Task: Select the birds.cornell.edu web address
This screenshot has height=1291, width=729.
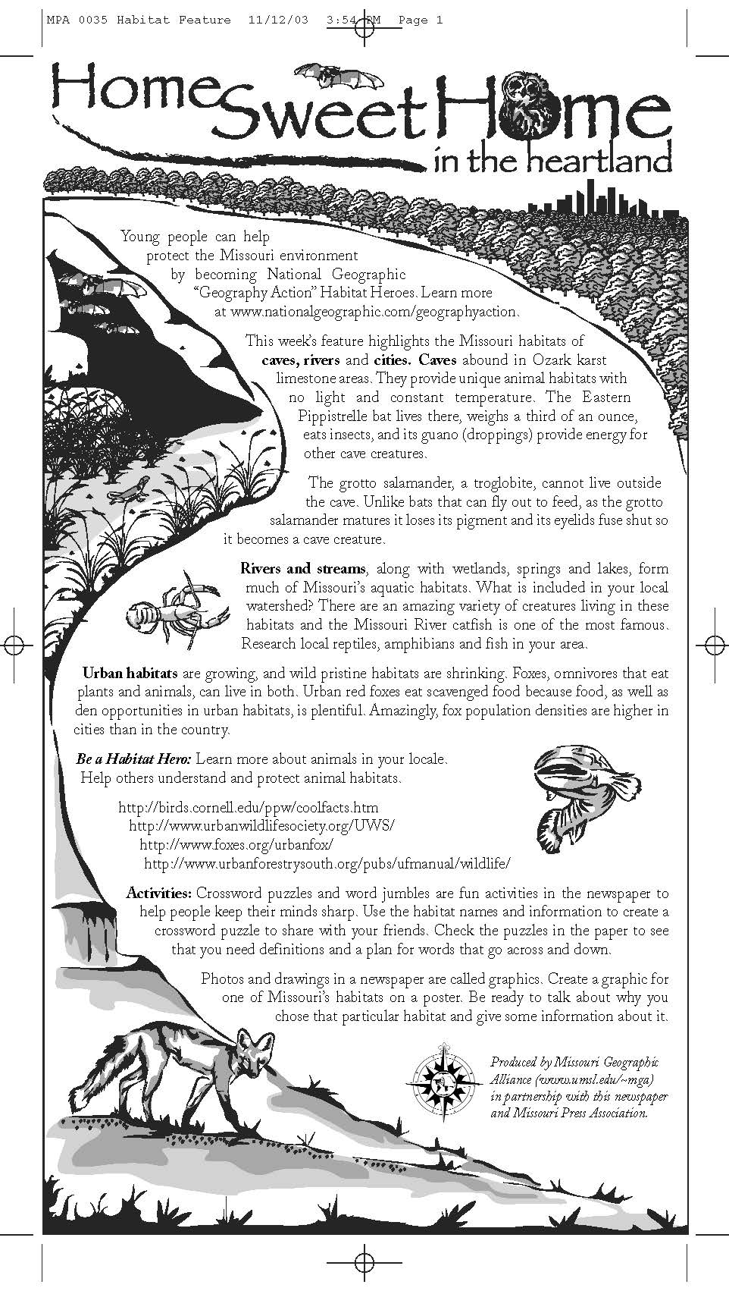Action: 249,807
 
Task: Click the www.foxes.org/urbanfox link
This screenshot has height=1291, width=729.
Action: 236,844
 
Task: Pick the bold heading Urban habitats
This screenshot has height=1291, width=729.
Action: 130,673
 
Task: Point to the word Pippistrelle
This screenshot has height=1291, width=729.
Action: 340,416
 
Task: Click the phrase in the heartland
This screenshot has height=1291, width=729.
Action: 552,160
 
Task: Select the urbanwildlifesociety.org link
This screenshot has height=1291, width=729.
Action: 262,825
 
